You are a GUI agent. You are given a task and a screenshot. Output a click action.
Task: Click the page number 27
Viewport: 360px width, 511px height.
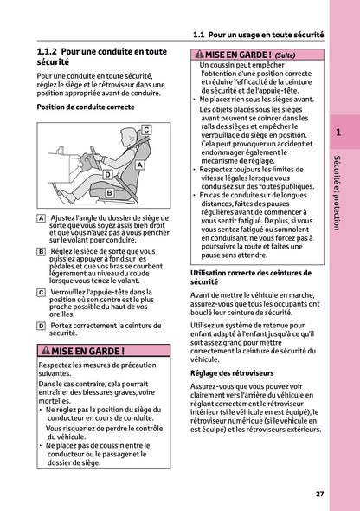[319, 494]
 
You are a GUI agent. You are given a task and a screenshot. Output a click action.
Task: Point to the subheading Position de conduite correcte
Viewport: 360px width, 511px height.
[86, 107]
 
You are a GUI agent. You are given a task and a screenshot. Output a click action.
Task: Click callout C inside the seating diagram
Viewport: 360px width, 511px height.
[146, 129]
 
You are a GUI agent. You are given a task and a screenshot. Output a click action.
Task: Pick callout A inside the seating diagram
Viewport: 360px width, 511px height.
[140, 164]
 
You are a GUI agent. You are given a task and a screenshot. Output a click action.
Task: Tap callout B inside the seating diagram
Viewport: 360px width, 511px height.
[110, 193]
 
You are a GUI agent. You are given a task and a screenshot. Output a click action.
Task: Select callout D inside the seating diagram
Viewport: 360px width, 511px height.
[106, 175]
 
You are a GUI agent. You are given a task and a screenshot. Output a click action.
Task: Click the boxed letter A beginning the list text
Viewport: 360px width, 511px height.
[42, 218]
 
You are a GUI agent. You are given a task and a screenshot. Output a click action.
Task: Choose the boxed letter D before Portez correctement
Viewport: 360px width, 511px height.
[42, 325]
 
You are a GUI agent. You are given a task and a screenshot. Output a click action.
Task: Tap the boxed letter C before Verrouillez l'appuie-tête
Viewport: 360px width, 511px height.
[42, 293]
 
